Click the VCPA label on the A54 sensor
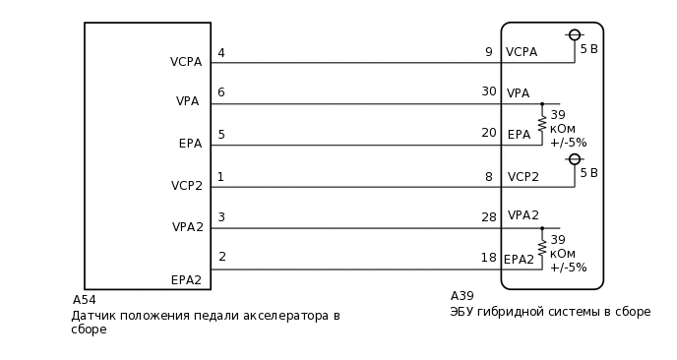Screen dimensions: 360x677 pyautogui.click(x=186, y=62)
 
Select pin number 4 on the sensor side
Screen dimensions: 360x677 pyautogui.click(x=221, y=53)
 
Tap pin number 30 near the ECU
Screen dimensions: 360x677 pyautogui.click(x=488, y=91)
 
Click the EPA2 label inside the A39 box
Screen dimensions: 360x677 pyautogui.click(x=519, y=259)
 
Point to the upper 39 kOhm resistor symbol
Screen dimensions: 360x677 pyautogui.click(x=541, y=124)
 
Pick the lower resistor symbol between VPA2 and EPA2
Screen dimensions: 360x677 pyautogui.click(x=541, y=248)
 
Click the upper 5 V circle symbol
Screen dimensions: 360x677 pyautogui.click(x=575, y=35)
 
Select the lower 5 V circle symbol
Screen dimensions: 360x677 pyautogui.click(x=575, y=159)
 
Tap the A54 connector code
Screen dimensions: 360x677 pyautogui.click(x=85, y=300)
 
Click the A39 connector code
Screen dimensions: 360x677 pyautogui.click(x=462, y=296)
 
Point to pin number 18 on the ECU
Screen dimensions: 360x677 pyautogui.click(x=488, y=258)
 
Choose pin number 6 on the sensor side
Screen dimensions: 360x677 pyautogui.click(x=221, y=92)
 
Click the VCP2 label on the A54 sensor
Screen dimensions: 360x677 pyautogui.click(x=186, y=185)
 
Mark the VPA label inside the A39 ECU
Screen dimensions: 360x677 pyautogui.click(x=518, y=93)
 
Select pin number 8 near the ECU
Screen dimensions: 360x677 pyautogui.click(x=489, y=177)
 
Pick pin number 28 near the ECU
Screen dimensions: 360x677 pyautogui.click(x=488, y=216)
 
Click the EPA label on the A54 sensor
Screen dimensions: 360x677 pyautogui.click(x=190, y=144)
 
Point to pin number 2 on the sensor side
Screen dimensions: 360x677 pyautogui.click(x=221, y=258)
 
